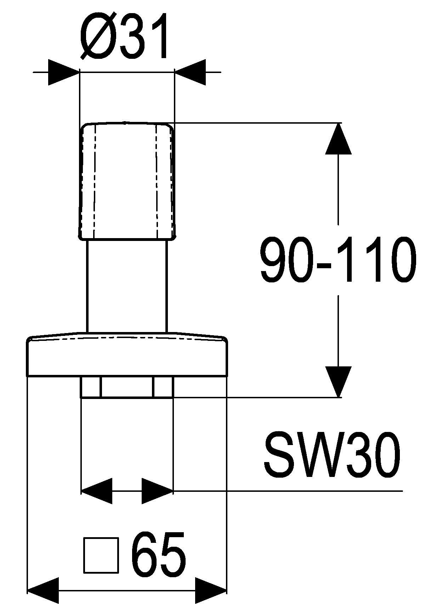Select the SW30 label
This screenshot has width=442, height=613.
pyautogui.click(x=332, y=455)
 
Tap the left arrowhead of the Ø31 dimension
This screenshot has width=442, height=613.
pyautogui.click(x=64, y=72)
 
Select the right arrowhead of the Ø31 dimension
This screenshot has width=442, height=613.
pyautogui.click(x=190, y=72)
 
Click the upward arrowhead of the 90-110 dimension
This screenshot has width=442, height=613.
pyautogui.click(x=339, y=139)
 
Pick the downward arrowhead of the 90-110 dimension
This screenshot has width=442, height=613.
pyautogui.click(x=339, y=381)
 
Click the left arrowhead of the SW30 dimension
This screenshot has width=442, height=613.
pyautogui.click(x=96, y=491)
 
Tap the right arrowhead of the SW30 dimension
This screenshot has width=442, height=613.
pyautogui.click(x=157, y=491)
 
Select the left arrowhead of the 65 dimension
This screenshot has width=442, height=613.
pyautogui.click(x=43, y=590)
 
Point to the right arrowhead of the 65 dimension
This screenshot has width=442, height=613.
pyautogui.click(x=211, y=590)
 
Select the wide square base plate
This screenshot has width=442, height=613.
pyautogui.click(x=127, y=356)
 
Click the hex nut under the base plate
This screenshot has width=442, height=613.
pyautogui.click(x=127, y=387)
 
